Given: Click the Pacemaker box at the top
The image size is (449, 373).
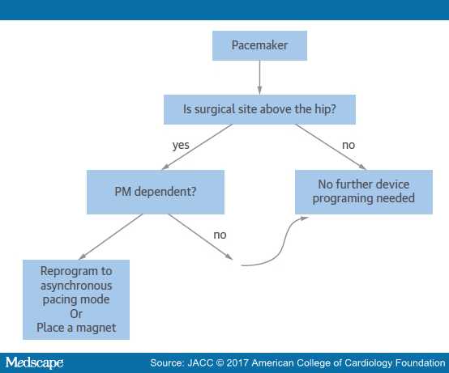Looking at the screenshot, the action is pos(259,46).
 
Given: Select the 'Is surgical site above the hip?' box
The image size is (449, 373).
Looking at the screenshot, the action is pos(259,109).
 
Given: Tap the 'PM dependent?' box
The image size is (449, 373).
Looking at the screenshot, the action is pos(156,192).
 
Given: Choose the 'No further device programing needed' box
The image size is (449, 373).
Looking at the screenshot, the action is pos(364,192).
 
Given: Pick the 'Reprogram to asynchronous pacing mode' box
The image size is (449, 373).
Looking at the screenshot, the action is pos(76,299).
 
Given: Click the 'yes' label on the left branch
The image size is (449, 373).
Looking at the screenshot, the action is pos(181,146).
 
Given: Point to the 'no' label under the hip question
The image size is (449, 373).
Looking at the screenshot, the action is pos(349,145).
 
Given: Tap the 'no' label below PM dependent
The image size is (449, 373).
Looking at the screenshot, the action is pos(220,235).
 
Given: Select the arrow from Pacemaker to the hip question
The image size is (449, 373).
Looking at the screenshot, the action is pos(259,78).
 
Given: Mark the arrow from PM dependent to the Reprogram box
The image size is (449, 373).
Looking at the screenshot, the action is pos(110,237).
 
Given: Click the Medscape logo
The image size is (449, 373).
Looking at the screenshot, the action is pos(34,362).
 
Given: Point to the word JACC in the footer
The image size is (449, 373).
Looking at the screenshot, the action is pos(200,363).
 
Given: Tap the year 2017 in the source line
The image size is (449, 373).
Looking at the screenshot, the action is pos(237,363).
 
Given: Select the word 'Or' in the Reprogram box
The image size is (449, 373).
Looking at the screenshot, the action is pos(76,314).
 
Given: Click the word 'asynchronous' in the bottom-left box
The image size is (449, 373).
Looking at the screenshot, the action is pos(76,286).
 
